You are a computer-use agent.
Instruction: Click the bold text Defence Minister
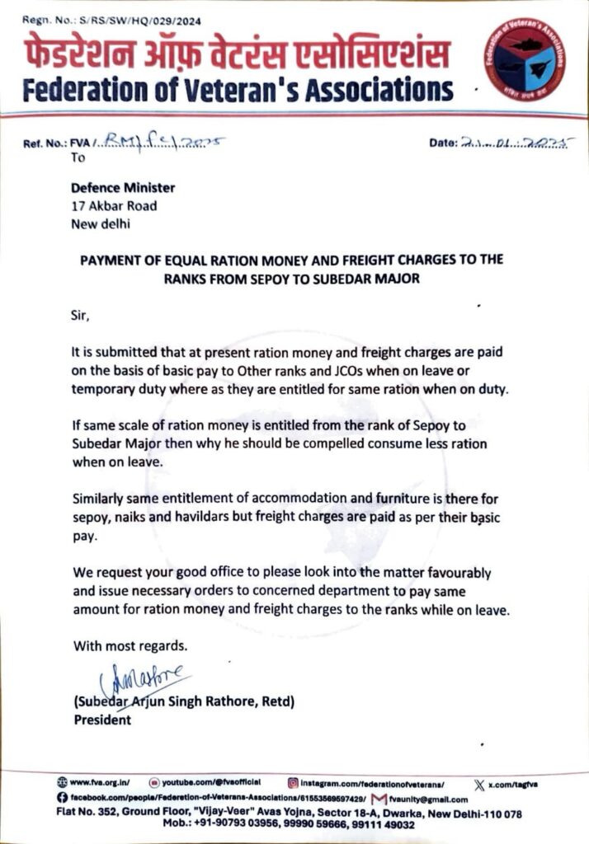(124, 187)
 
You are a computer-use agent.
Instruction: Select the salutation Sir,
(83, 314)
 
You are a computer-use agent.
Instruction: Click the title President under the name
(102, 720)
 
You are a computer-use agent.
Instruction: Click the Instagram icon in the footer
(292, 782)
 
